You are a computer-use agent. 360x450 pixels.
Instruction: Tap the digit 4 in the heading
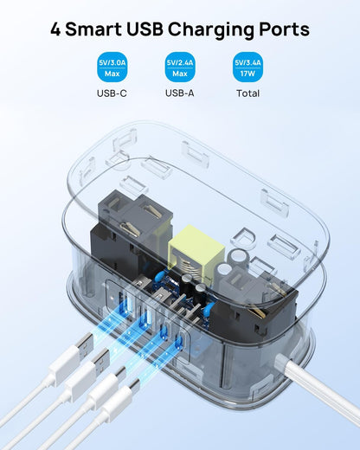[x=56, y=29]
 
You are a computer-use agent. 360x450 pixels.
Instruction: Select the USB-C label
[x=112, y=93]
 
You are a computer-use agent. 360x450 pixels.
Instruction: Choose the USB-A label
[x=180, y=93]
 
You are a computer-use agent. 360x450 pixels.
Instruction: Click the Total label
[x=248, y=93]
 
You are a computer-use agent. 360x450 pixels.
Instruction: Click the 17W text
[x=248, y=73]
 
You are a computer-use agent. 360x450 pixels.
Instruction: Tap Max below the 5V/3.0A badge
[x=112, y=73]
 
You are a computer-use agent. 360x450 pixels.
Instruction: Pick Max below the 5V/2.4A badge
[x=180, y=73]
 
